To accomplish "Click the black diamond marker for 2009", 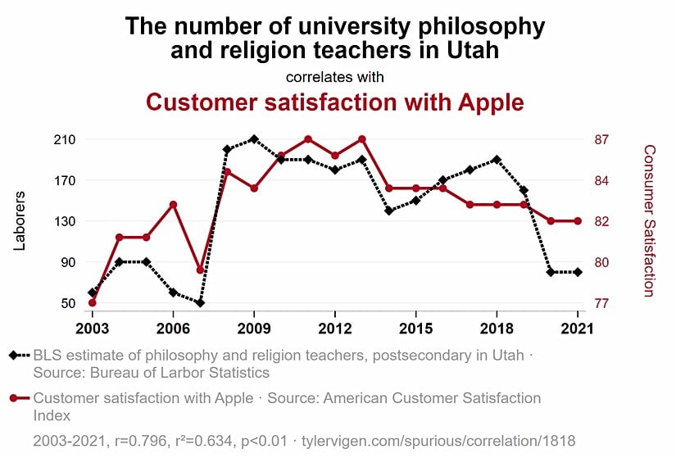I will [254, 139].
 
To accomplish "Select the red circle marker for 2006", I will [173, 204].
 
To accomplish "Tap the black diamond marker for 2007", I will [200, 303].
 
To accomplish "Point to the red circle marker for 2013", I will [361, 139].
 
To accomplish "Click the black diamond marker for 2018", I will [497, 160].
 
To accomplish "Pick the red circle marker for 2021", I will [578, 221].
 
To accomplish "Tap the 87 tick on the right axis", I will [601, 139].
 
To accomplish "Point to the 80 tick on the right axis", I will [601, 262].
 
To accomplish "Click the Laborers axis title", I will [20, 220].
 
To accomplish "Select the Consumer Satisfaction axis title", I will [649, 220].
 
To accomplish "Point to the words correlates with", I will [334, 77].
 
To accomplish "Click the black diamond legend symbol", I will [13, 356].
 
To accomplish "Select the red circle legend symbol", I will [13, 398].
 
